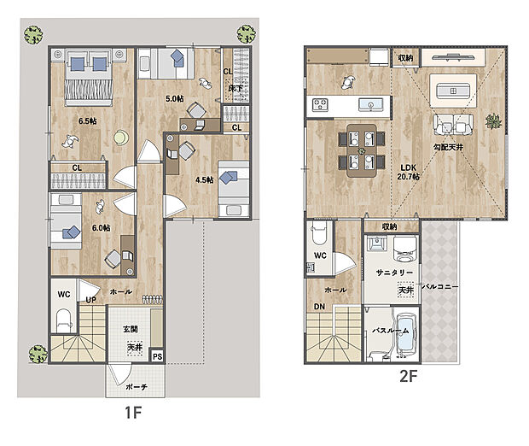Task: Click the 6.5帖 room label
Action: (88, 120)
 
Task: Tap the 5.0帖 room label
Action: (175, 98)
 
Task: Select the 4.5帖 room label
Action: (205, 179)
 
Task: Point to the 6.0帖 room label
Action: (102, 228)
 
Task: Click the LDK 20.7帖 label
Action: (409, 172)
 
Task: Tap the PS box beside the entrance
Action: (157, 356)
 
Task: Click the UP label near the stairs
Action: (90, 300)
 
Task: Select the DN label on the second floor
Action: (319, 307)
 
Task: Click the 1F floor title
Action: (133, 412)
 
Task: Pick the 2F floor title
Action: (409, 376)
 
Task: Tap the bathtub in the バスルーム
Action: (406, 335)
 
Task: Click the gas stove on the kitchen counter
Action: (320, 104)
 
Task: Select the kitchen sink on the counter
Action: (370, 104)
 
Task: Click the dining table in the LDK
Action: (362, 150)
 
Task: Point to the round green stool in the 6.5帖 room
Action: (121, 138)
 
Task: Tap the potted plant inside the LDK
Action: (493, 121)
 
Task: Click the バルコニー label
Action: (440, 286)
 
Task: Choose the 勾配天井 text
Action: (448, 147)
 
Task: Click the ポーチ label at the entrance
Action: (137, 387)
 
